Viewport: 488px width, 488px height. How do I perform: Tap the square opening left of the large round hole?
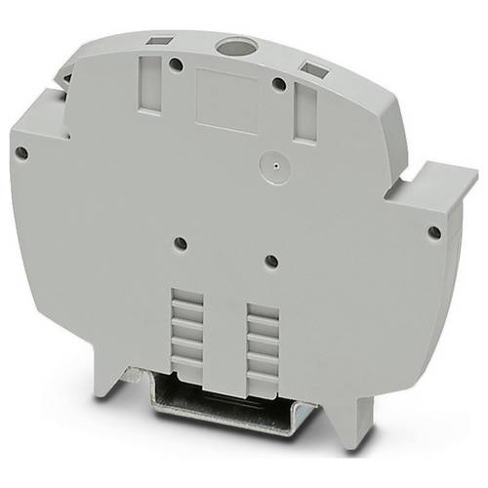157,42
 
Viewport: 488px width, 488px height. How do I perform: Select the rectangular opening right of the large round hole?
314,69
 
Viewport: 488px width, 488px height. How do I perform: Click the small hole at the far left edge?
20,152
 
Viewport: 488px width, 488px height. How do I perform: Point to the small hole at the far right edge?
433,232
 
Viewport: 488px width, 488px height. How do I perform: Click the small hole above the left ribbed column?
180,244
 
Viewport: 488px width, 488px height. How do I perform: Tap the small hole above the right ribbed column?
271,261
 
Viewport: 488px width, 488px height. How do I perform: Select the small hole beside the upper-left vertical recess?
176,65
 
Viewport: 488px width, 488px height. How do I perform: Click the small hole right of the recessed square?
278,85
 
